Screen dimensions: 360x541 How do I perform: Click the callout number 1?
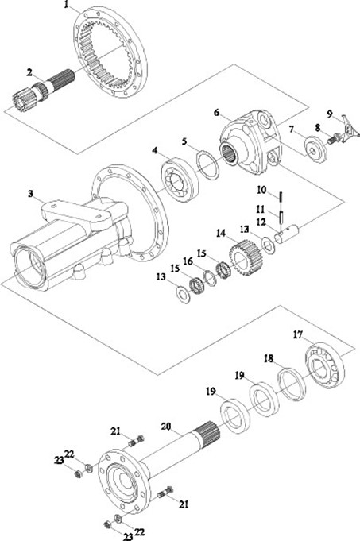pyautogui.click(x=67, y=5)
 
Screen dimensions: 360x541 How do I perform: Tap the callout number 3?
pyautogui.click(x=31, y=194)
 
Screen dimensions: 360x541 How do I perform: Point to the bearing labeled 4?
pyautogui.click(x=180, y=180)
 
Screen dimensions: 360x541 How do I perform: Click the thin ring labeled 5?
pyautogui.click(x=207, y=165)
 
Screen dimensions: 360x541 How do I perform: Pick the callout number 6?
pyautogui.click(x=216, y=113)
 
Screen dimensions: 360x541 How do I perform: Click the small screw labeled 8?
pyautogui.click(x=334, y=140)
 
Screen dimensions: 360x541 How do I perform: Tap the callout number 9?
pyautogui.click(x=330, y=114)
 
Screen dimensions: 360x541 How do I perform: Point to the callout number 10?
pyautogui.click(x=261, y=189)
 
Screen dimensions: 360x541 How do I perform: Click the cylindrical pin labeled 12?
pyautogui.click(x=286, y=234)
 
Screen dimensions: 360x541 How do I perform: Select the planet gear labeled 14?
pyautogui.click(x=246, y=257)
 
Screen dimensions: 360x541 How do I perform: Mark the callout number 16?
pyautogui.click(x=188, y=262)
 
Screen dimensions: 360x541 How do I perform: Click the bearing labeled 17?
pyautogui.click(x=325, y=366)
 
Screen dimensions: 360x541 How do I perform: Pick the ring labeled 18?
pyautogui.click(x=292, y=384)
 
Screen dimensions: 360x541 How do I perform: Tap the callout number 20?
pyautogui.click(x=165, y=427)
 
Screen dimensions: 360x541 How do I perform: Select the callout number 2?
pyautogui.click(x=30, y=72)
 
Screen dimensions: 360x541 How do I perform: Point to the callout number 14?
pyautogui.click(x=221, y=234)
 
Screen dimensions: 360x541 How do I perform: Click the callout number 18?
pyautogui.click(x=269, y=358)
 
